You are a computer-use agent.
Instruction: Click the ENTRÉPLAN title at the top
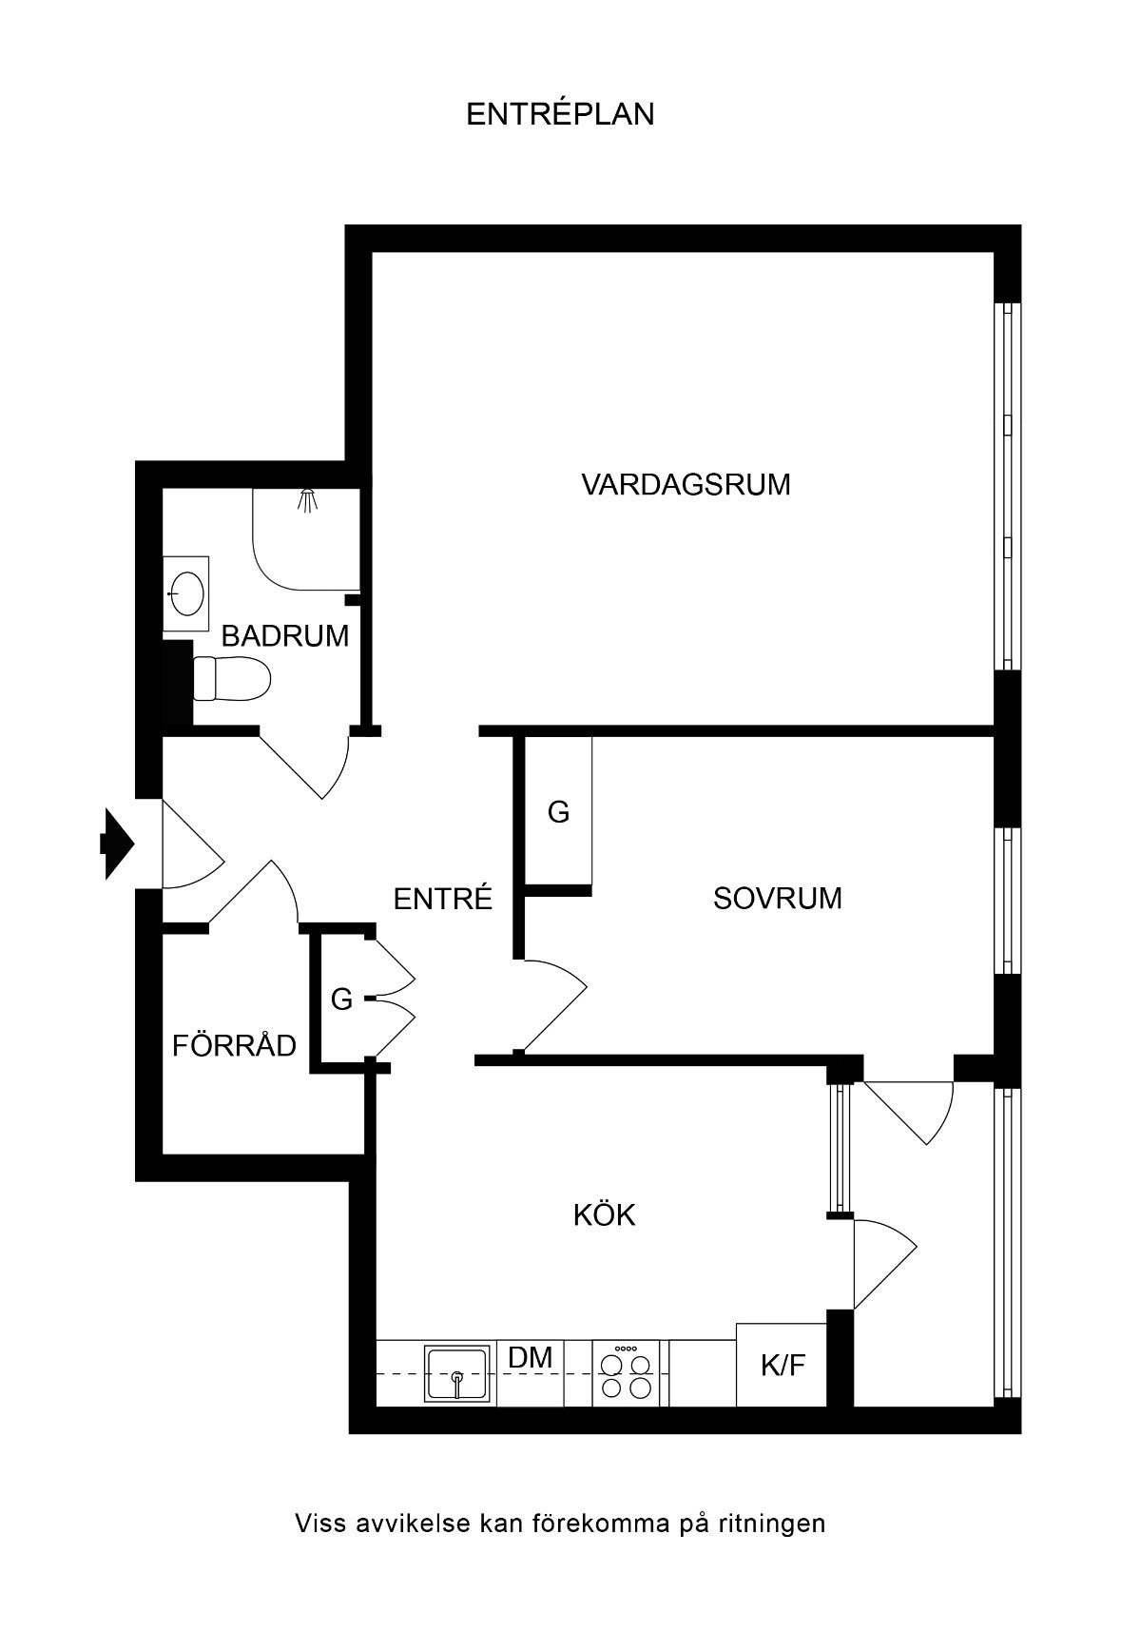[x=560, y=114]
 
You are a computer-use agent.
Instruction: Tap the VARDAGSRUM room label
[x=686, y=484]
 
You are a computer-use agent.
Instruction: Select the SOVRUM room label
[x=777, y=898]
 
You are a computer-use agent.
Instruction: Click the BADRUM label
[x=285, y=635]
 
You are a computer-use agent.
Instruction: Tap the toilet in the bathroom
[x=232, y=678]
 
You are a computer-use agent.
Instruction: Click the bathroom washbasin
[x=186, y=594]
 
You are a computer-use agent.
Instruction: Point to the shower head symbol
[x=306, y=500]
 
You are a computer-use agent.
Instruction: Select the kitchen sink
[x=458, y=1372]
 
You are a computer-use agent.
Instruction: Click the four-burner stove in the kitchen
[x=627, y=1372]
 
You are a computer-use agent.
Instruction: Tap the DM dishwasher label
[x=531, y=1357]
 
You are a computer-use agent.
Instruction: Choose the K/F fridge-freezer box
[x=782, y=1365]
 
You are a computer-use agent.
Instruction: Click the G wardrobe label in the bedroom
[x=558, y=812]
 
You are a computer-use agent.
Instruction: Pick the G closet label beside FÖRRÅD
[x=341, y=999]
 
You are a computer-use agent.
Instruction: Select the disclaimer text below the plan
[x=560, y=1524]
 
